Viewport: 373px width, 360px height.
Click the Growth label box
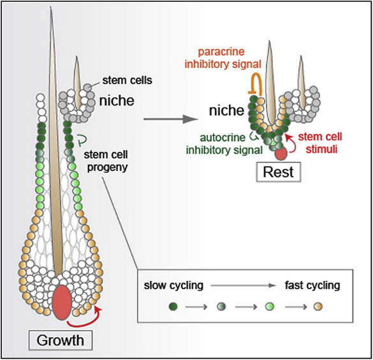tap(61, 340)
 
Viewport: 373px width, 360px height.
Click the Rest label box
tap(279, 172)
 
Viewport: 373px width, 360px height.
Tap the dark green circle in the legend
tap(173, 306)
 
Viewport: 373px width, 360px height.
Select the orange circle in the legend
tap(318, 306)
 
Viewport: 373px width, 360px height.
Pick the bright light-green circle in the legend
tap(270, 306)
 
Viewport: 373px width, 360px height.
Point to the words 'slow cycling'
tap(173, 285)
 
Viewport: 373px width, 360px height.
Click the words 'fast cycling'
tap(312, 285)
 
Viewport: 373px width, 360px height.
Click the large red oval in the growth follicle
tap(62, 303)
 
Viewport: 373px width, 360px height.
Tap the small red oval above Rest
tap(281, 154)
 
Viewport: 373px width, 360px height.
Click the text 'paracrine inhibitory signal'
tap(223, 58)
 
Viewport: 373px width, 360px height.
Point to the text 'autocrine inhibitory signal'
tap(224, 144)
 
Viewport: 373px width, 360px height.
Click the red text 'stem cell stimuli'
tap(320, 143)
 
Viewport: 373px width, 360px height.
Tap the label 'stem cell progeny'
tap(106, 161)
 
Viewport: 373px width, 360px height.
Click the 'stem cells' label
tap(127, 80)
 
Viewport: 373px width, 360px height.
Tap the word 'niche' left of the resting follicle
tap(226, 110)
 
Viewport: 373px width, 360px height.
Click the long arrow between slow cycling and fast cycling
tap(243, 285)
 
